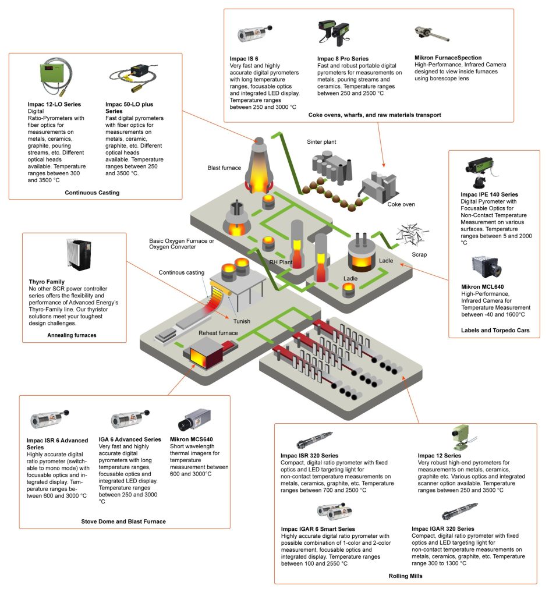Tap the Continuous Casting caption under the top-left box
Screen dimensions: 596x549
coord(92,192)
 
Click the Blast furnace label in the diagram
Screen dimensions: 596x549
coord(224,168)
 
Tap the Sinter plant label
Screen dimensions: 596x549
coord(321,141)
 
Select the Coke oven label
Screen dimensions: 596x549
coord(401,204)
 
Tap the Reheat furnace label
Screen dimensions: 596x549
coord(216,333)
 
